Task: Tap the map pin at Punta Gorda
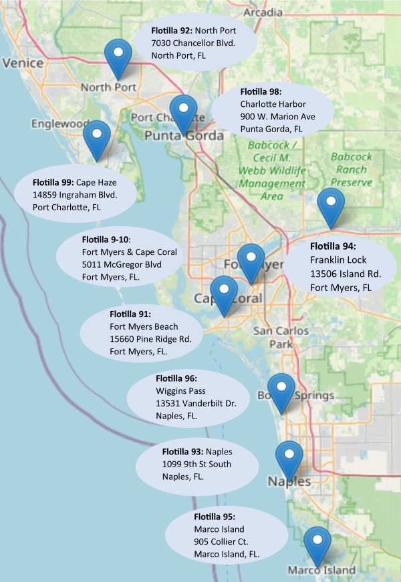pyautogui.click(x=182, y=110)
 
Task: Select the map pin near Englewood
pyautogui.click(x=97, y=136)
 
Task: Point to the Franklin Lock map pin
pyautogui.click(x=329, y=204)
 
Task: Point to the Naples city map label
pyautogui.click(x=289, y=481)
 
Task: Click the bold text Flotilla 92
pyautogui.click(x=172, y=31)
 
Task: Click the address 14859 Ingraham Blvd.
pyautogui.click(x=75, y=195)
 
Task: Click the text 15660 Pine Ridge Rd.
pyautogui.click(x=150, y=339)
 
